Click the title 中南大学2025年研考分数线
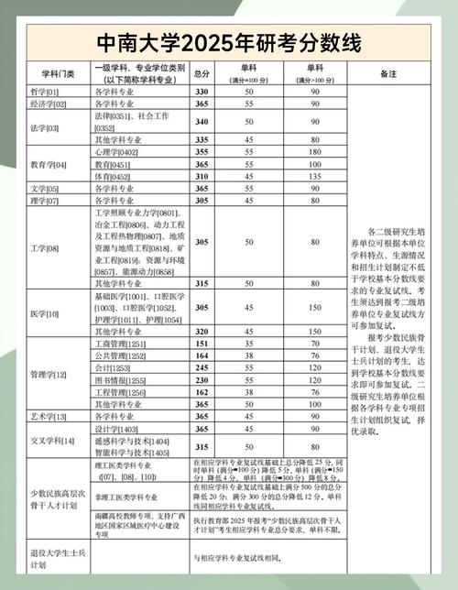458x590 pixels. pos(228,43)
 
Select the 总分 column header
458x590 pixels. pos(202,74)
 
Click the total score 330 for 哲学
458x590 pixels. pos(202,93)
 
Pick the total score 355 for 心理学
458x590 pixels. pos(202,151)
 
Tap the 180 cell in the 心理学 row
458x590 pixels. pos(315,151)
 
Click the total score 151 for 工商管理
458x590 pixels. pos(202,344)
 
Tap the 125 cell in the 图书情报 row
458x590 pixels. pos(315,379)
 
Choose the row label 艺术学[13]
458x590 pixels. pos(47,416)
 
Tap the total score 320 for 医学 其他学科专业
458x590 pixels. pos(202,331)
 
